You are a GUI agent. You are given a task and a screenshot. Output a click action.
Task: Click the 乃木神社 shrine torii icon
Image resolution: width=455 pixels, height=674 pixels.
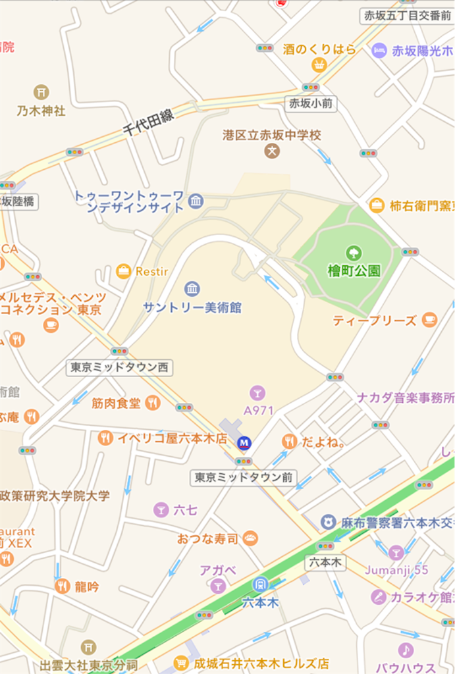coord(41,91)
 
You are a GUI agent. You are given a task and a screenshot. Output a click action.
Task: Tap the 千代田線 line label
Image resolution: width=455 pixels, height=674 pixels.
coord(149,123)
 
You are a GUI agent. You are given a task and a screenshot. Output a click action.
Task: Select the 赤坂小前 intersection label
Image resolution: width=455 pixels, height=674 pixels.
coord(311,103)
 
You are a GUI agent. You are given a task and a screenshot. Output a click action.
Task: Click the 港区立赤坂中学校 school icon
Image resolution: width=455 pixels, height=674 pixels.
coord(272,151)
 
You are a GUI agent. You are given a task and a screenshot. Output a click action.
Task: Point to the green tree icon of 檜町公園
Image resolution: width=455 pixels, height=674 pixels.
coord(354,253)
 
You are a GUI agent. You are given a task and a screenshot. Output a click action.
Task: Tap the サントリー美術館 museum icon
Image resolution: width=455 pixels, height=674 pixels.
coord(192,288)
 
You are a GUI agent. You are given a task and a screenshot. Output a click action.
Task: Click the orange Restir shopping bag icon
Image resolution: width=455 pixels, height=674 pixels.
coord(123,271)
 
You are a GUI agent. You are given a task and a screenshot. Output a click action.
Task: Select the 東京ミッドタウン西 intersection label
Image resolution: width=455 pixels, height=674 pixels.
coord(119,367)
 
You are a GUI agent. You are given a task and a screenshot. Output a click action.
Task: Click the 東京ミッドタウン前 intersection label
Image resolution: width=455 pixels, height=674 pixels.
coord(244,477)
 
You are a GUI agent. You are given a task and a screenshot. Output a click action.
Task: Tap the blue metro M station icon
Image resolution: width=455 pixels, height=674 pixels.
coord(244,443)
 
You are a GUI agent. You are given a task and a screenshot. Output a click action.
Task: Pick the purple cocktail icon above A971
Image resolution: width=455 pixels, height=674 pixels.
coord(257,393)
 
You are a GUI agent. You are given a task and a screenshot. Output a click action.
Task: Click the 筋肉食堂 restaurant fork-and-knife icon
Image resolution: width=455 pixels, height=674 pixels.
coord(153,402)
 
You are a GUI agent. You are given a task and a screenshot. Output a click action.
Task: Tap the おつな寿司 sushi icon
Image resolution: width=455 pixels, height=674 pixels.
coord(250,538)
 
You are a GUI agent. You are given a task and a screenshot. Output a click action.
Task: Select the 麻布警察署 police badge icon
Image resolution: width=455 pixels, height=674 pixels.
coord(328,522)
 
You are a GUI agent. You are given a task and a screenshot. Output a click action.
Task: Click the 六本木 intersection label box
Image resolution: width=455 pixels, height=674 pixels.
coord(325,563)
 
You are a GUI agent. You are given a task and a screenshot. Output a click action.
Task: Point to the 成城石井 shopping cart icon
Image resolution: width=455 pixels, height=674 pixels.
coord(181,663)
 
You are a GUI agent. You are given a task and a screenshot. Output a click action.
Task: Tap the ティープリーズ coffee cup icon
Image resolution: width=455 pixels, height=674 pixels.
coord(429,320)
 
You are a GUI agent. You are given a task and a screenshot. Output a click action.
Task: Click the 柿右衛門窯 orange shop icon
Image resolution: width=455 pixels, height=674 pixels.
coord(377,205)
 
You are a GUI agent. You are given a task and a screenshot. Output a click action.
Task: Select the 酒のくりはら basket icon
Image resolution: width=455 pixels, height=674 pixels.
coord(319,65)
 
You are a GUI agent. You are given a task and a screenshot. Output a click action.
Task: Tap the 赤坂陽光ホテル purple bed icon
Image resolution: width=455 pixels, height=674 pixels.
coord(379,50)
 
